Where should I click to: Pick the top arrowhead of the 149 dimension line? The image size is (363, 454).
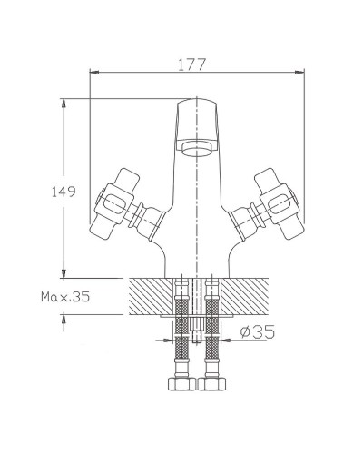coord(64,103)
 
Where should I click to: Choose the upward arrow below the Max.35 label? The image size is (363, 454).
coord(64,317)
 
